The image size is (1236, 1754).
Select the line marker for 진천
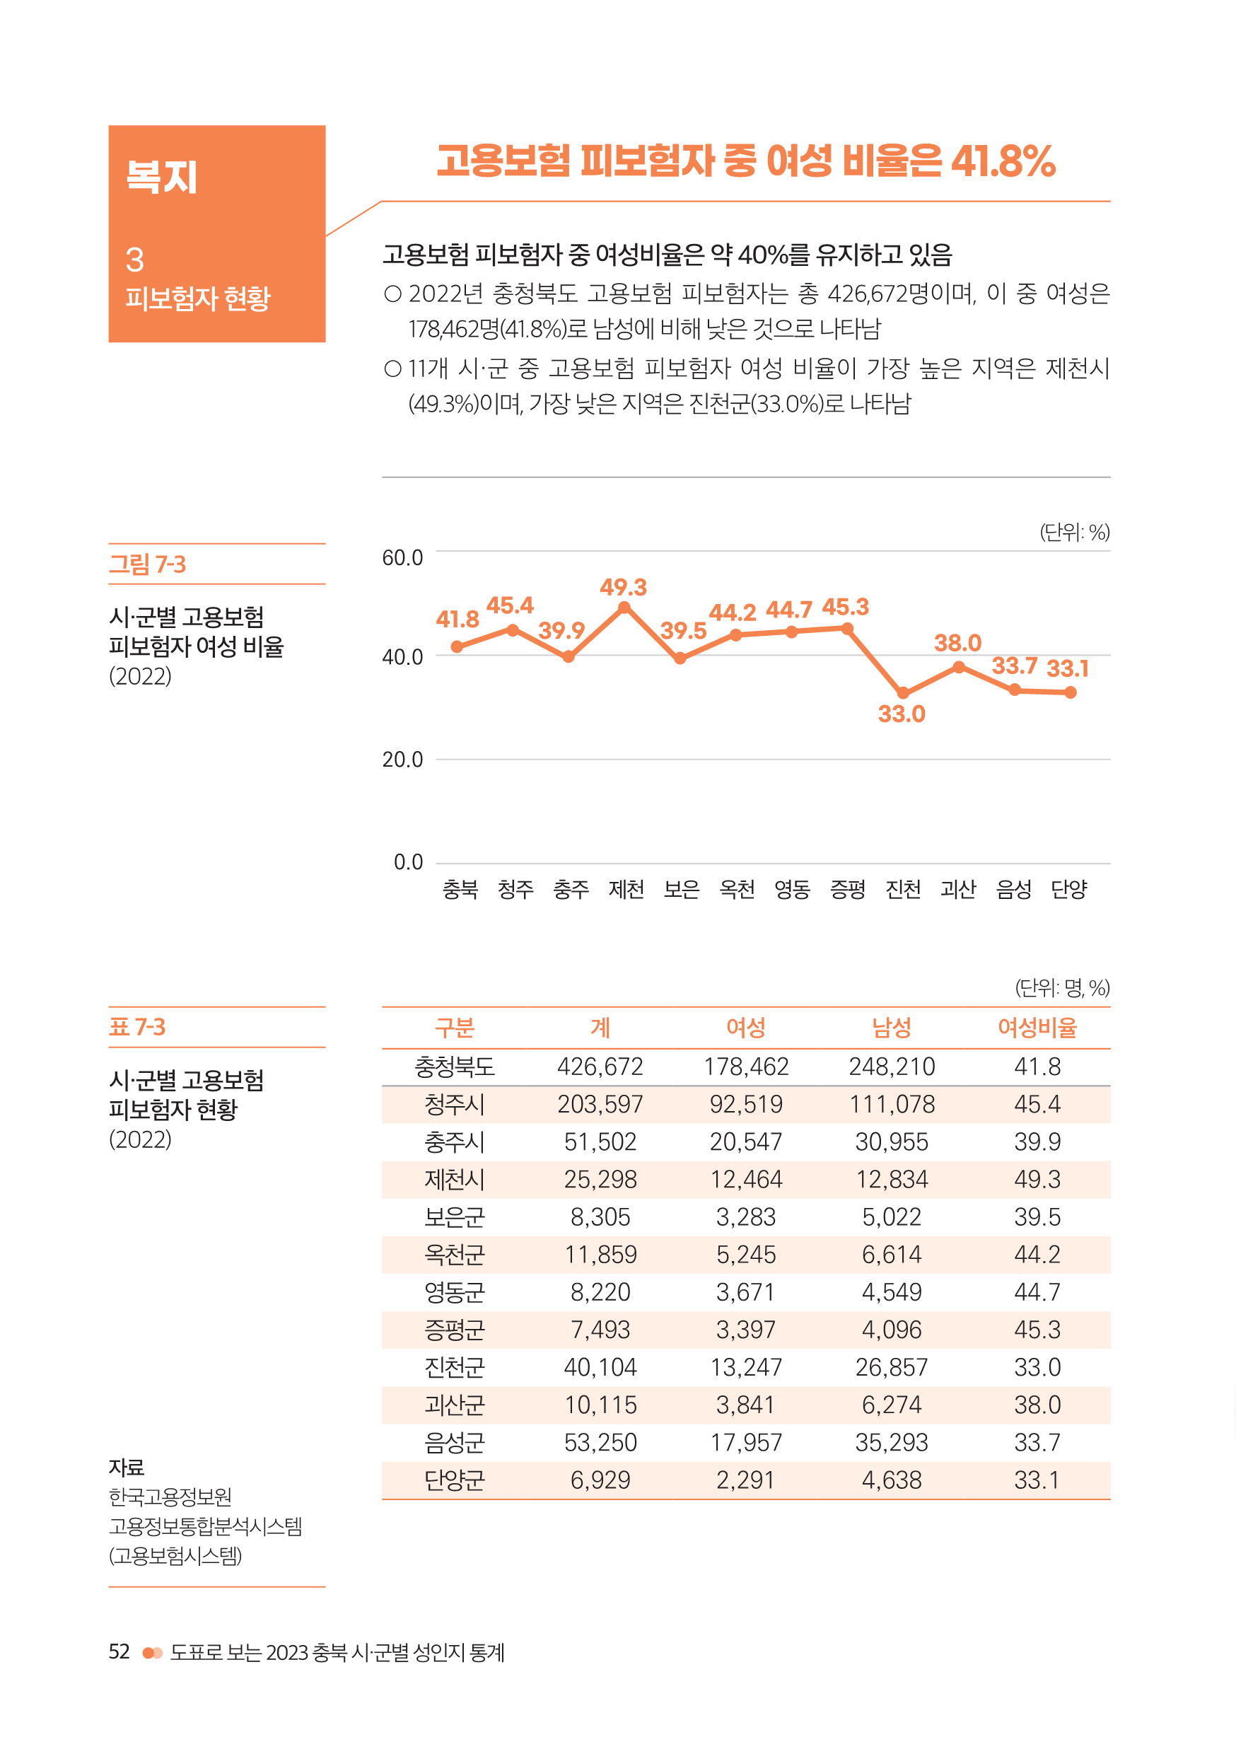click(x=903, y=693)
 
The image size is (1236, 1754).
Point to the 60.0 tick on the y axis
click(x=402, y=558)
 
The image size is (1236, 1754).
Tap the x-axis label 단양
click(x=1068, y=889)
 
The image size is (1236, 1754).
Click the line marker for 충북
click(x=457, y=647)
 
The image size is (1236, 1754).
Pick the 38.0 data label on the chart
click(x=957, y=643)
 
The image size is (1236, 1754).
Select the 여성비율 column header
click(x=1037, y=1028)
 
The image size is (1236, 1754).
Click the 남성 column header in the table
click(x=892, y=1028)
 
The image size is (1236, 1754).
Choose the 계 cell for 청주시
click(x=600, y=1104)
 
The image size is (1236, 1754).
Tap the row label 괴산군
click(x=455, y=1405)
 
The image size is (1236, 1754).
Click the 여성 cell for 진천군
click(x=745, y=1367)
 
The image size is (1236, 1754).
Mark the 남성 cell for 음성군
click(x=892, y=1442)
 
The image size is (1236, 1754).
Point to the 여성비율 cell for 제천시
click(x=1037, y=1180)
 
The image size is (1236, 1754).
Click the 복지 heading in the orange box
click(x=162, y=178)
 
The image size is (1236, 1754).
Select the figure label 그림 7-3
click(x=148, y=564)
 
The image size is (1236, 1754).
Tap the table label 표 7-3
click(x=137, y=1027)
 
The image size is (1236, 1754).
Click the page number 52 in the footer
click(x=119, y=1651)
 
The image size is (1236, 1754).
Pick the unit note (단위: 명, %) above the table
click(x=1062, y=988)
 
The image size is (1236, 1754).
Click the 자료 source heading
click(x=127, y=1468)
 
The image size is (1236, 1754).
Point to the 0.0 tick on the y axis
click(x=408, y=861)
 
